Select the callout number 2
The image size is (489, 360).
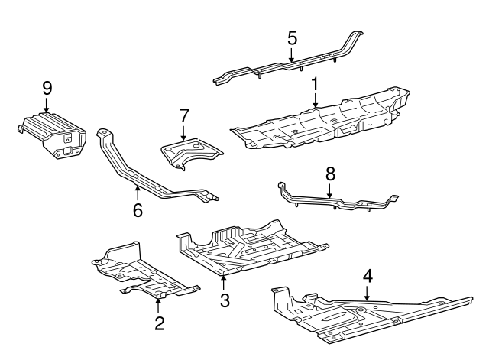pyautogui.click(x=159, y=323)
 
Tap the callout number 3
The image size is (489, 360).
pyautogui.click(x=225, y=300)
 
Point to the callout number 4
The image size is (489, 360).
pyautogui.click(x=368, y=275)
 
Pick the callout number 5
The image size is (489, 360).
pyautogui.click(x=291, y=37)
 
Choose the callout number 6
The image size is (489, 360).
pyautogui.click(x=138, y=209)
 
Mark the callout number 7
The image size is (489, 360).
pyautogui.click(x=183, y=115)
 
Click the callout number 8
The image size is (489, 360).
pyautogui.click(x=330, y=174)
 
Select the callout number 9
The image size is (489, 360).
pyautogui.click(x=46, y=89)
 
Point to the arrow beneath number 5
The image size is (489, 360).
pyautogui.click(x=291, y=54)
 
